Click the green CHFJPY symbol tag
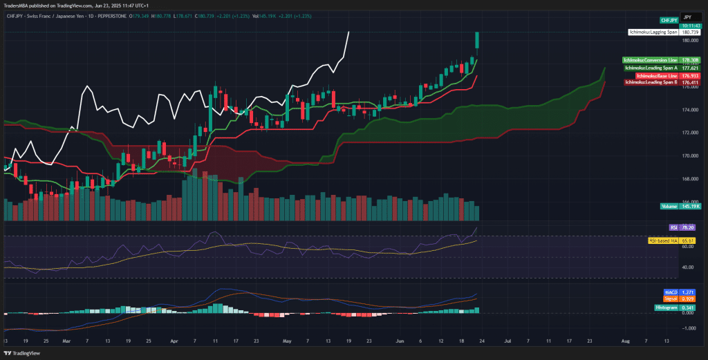coord(669,20)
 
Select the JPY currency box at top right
coord(687,15)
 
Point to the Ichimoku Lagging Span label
coord(653,32)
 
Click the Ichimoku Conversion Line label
coord(650,61)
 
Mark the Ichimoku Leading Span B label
coord(651,82)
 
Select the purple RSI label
coord(673,227)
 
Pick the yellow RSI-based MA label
coord(661,240)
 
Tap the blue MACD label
coord(670,292)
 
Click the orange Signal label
coord(671,299)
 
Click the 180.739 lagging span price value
coord(689,32)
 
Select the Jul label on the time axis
coord(507,341)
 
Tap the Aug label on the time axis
coord(626,341)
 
